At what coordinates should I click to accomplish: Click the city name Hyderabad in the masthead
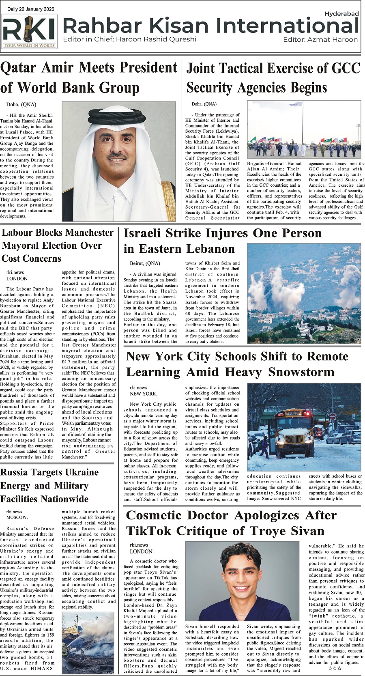pyautogui.click(x=341, y=13)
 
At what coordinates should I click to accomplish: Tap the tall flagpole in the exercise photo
pyautogui.click(x=302, y=122)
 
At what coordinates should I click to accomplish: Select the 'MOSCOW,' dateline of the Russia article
pyautogui.click(x=17, y=517)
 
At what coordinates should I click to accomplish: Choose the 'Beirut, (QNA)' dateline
pyautogui.click(x=145, y=263)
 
